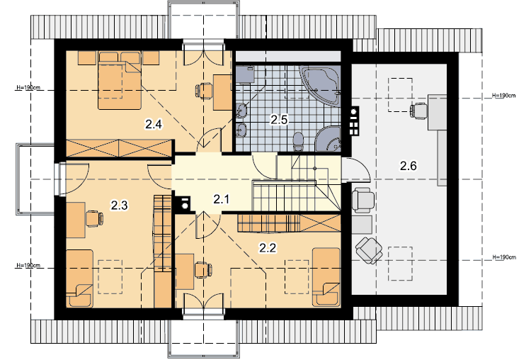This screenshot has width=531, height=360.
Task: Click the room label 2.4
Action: (154, 125)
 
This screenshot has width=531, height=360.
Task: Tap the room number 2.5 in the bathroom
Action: (279, 120)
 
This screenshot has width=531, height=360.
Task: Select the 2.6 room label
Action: (408, 166)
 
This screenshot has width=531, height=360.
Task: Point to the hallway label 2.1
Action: (222, 199)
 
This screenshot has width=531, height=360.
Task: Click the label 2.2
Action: (268, 248)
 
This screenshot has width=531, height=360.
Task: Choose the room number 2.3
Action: (119, 205)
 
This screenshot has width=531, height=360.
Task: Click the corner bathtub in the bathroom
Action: (320, 85)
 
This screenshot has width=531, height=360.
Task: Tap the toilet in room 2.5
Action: (298, 142)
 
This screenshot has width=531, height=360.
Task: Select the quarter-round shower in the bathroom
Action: (328, 139)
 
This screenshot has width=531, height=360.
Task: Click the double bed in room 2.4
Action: (120, 81)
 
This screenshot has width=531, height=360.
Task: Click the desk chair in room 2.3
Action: (94, 219)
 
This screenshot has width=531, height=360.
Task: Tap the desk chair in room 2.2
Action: (203, 270)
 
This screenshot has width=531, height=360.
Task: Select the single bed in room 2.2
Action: (326, 277)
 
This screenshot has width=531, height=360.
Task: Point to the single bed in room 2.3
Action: (79, 279)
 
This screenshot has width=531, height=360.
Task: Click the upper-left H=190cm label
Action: (28, 88)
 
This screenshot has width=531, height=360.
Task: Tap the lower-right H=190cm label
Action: (504, 257)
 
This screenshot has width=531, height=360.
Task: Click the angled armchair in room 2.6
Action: (369, 250)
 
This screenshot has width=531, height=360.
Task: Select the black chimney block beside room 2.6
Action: (354, 121)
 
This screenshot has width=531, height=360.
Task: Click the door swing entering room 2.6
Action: (360, 167)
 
